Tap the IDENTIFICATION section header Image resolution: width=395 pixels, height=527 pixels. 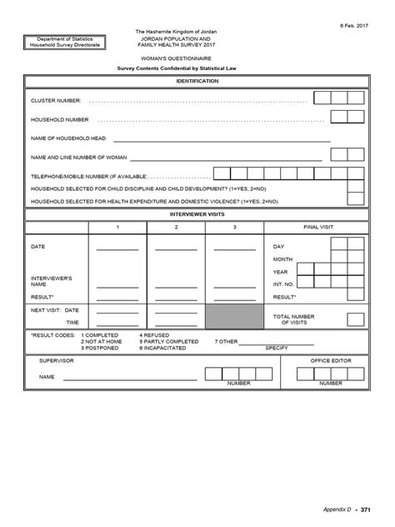coord(197,81)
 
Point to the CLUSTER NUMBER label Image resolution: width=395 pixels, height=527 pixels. coord(56,100)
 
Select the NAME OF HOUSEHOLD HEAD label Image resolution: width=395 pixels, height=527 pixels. coord(68,138)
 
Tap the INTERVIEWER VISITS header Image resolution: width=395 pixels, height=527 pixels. coord(197,214)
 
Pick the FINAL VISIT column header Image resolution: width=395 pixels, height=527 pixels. coord(317,228)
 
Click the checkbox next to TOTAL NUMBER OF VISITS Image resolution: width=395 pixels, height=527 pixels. coord(356,319)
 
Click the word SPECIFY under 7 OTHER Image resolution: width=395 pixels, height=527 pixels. coord(277,349)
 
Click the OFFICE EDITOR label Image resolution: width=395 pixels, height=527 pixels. coord(331,360)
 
